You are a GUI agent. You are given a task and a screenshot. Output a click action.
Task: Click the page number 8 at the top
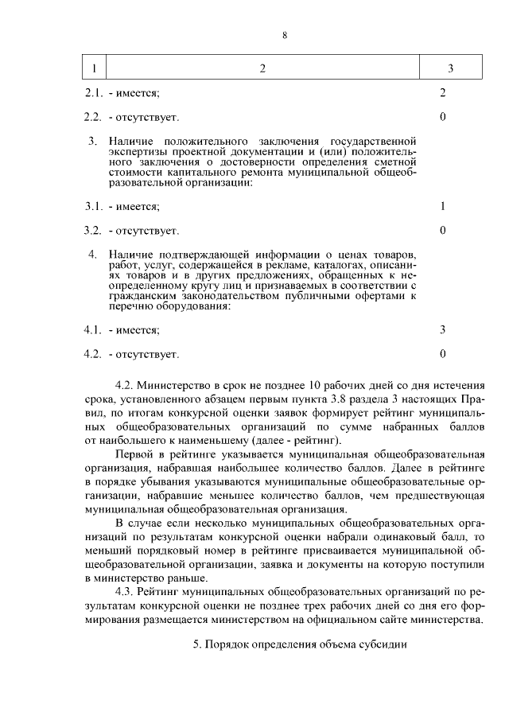point(284,35)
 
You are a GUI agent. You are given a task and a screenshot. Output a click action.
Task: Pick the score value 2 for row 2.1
point(442,93)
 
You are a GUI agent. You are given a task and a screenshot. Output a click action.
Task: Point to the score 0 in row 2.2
point(442,117)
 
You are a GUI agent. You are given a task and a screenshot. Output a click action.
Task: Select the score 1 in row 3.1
point(442,206)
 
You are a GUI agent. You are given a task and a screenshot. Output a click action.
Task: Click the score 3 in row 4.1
point(442,329)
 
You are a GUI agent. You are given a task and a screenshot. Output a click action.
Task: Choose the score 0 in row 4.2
point(442,353)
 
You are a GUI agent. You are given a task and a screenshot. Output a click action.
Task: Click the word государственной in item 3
point(374,142)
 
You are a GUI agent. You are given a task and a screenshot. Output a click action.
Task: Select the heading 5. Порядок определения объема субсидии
point(300,644)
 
